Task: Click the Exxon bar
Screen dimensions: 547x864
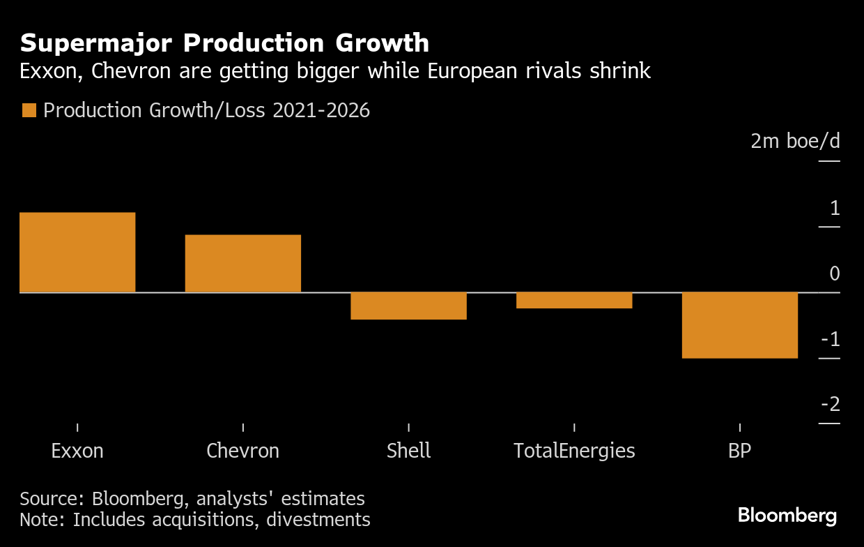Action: (x=77, y=252)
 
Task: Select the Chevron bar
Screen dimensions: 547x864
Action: (x=242, y=263)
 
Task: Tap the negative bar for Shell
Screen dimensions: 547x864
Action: (x=408, y=306)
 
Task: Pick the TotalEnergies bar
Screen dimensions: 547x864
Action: (x=574, y=300)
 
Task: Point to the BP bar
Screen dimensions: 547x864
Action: (x=739, y=325)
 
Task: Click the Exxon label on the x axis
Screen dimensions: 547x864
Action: (x=77, y=451)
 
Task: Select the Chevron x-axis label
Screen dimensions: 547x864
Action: (x=242, y=451)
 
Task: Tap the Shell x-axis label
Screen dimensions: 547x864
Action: (x=408, y=451)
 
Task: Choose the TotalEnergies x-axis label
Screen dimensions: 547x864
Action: (x=574, y=451)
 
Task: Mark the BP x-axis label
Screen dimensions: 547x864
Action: (x=739, y=451)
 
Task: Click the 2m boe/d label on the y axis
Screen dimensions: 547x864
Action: (x=795, y=142)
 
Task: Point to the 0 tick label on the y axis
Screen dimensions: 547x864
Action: (x=834, y=273)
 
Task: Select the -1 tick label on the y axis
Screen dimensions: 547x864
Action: (x=830, y=340)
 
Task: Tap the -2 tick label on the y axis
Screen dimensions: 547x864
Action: (x=830, y=405)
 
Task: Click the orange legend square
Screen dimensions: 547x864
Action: (x=29, y=110)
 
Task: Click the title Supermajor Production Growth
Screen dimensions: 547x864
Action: (x=224, y=43)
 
